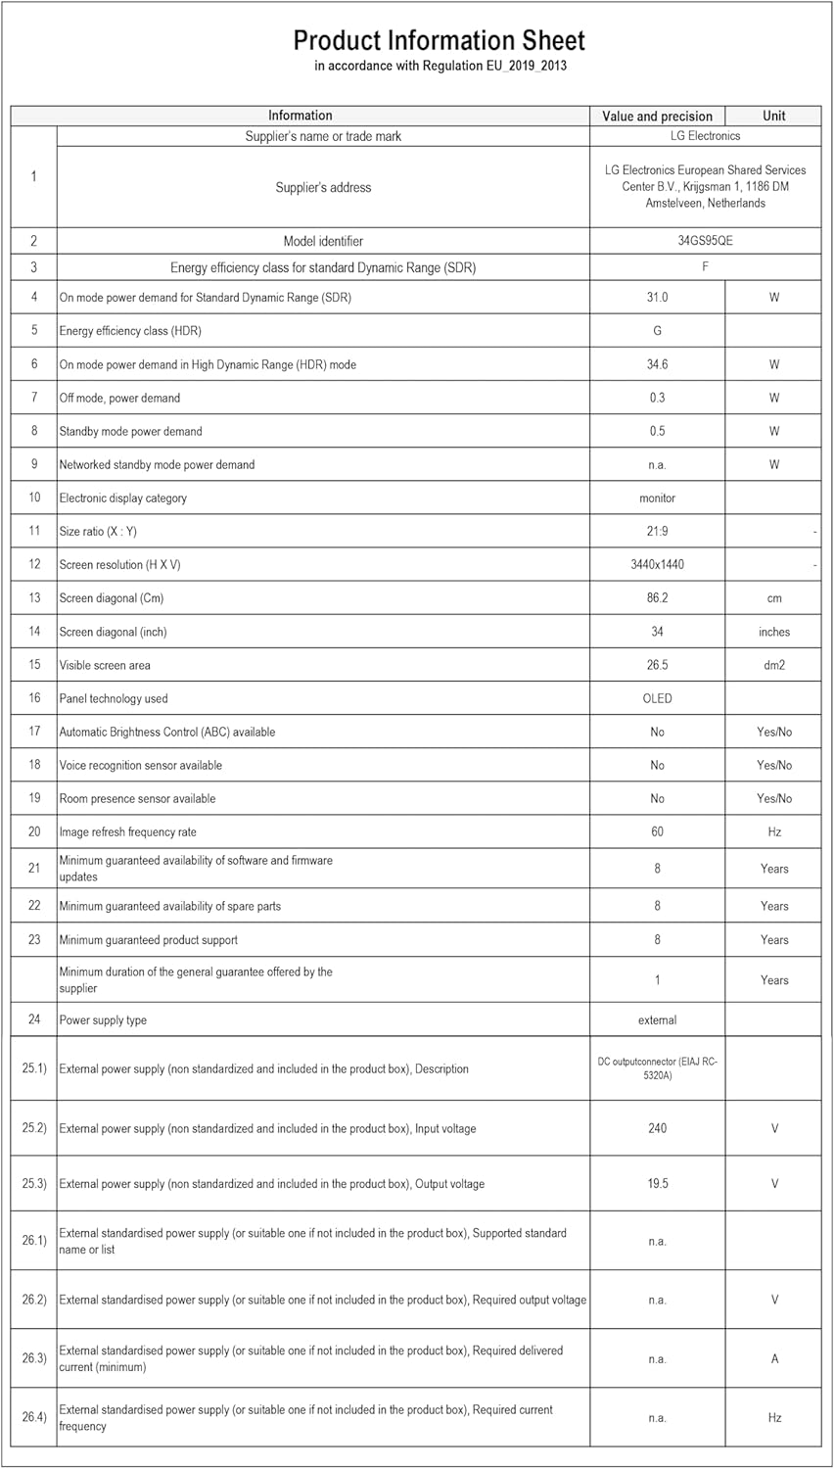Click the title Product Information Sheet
(x=439, y=41)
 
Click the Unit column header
(x=773, y=116)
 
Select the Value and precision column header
(x=657, y=116)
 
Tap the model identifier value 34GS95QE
(x=705, y=241)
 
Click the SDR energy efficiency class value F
(x=705, y=266)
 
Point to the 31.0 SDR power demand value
(x=657, y=298)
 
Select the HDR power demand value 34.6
(x=657, y=364)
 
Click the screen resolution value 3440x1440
(x=657, y=565)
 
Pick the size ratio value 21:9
(x=657, y=532)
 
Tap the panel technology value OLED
(x=657, y=698)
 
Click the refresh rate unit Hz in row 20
(x=773, y=831)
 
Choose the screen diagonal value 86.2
(x=657, y=598)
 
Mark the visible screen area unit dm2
(x=773, y=665)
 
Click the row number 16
(x=34, y=698)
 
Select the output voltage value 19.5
(x=657, y=1184)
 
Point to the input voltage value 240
(x=657, y=1128)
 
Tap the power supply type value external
(x=657, y=1020)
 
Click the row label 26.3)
(x=34, y=1358)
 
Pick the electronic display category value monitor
(x=657, y=498)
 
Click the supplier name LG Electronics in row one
(x=705, y=136)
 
